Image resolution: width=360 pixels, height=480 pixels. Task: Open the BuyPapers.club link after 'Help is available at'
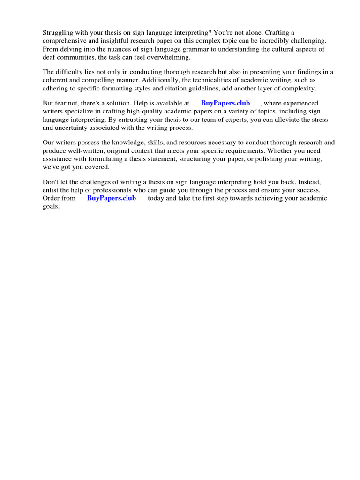[225, 103]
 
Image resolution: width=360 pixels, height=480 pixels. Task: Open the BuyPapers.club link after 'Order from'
[112, 198]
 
